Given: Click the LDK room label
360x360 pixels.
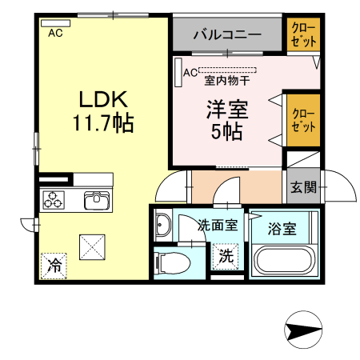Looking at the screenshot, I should (x=102, y=99).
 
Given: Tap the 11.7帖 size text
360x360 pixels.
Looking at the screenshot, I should (x=102, y=124).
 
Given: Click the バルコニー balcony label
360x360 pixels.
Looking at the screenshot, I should (x=227, y=36).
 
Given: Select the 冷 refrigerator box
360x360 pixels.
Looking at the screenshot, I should (x=54, y=263).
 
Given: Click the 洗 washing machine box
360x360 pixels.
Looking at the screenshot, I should (x=226, y=257).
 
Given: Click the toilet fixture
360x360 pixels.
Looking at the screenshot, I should (x=174, y=262).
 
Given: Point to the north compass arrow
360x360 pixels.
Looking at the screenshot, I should (x=305, y=329).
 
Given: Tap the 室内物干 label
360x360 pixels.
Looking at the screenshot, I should (x=227, y=80).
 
